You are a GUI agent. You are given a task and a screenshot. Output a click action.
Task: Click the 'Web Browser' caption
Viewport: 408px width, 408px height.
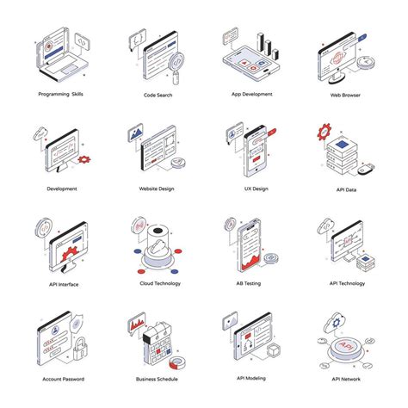click(x=347, y=95)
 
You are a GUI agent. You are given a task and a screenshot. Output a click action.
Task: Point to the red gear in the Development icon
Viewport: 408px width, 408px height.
click(x=83, y=159)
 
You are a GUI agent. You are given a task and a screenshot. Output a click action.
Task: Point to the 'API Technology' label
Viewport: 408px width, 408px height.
click(x=347, y=283)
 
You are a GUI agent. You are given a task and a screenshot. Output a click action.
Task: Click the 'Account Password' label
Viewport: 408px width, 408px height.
click(x=62, y=379)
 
